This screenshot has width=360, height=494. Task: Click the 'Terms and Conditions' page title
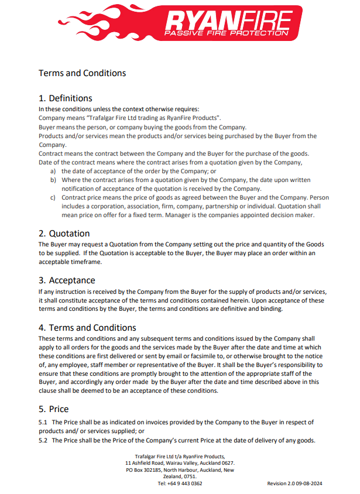point(82,73)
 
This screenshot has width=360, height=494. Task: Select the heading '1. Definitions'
point(65,98)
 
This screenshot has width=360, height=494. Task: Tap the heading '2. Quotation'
point(64,234)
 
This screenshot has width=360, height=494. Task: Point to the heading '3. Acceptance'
point(67,280)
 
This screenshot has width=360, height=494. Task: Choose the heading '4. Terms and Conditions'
point(87,328)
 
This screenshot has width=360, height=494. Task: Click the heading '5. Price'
point(53,409)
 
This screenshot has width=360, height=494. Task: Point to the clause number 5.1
point(43,422)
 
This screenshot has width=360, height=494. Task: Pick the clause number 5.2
point(43,441)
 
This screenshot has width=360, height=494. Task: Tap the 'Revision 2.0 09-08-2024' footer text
point(295,483)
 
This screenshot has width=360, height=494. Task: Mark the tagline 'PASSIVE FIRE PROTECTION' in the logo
point(227,33)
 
